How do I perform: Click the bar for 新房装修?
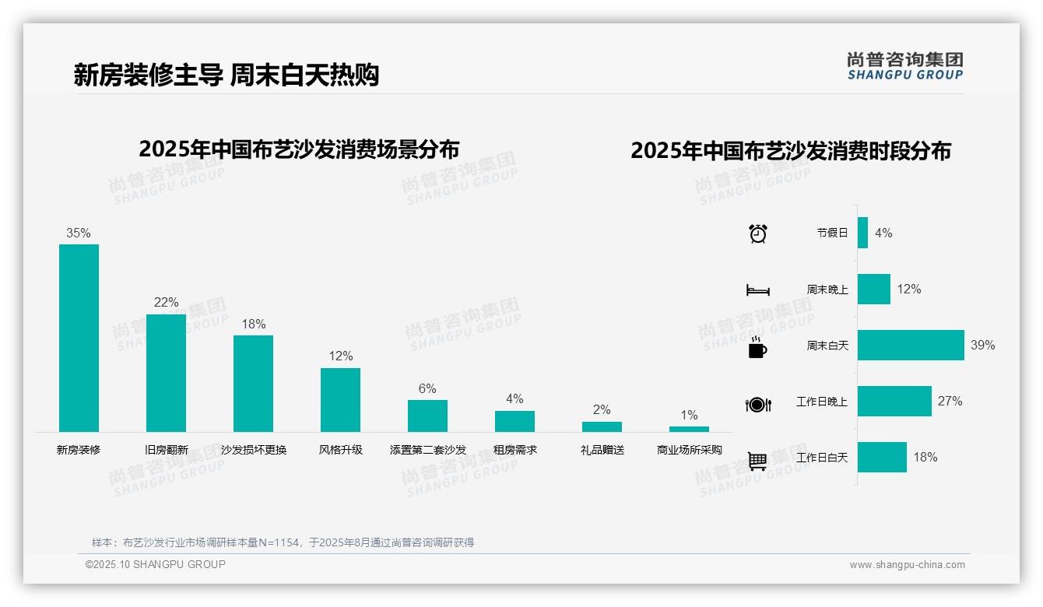79,338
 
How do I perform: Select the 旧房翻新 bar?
166,373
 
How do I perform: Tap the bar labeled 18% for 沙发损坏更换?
253,383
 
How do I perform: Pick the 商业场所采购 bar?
689,429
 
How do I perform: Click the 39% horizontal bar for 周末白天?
910,345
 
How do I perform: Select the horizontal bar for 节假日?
862,233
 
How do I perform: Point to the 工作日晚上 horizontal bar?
894,401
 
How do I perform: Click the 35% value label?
79,233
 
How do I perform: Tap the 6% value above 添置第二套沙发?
427,388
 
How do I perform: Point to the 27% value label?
950,401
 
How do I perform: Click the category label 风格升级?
340,450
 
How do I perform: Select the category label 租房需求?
514,450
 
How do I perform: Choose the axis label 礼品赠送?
602,450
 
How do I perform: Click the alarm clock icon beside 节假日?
757,233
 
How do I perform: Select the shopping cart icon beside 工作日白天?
757,461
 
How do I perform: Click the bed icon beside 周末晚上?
757,290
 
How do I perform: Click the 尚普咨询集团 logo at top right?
904,65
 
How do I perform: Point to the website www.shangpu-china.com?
907,565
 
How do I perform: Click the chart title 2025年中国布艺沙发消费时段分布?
790,151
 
